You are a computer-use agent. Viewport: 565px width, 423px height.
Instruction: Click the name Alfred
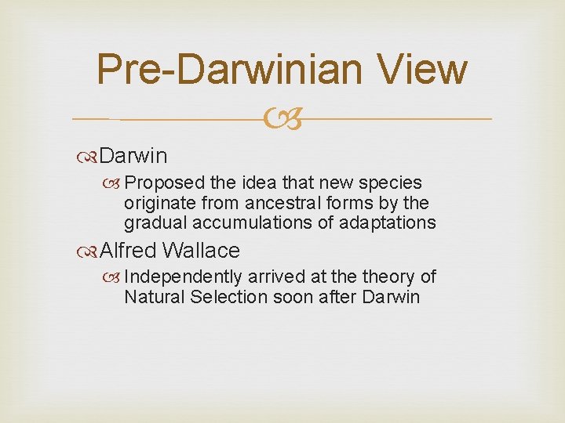point(129,251)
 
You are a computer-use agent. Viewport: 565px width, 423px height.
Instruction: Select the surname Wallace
point(201,251)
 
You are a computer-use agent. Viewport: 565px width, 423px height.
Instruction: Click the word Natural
point(152,297)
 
